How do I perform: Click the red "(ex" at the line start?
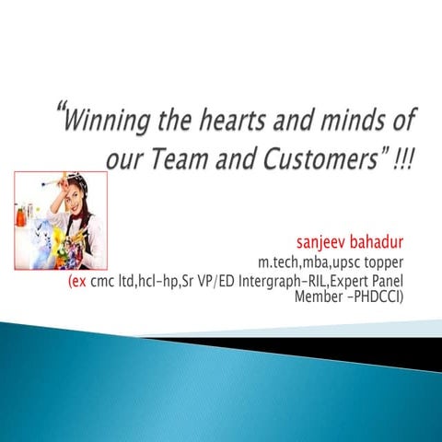click(77, 282)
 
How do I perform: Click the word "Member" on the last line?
click(316, 297)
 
